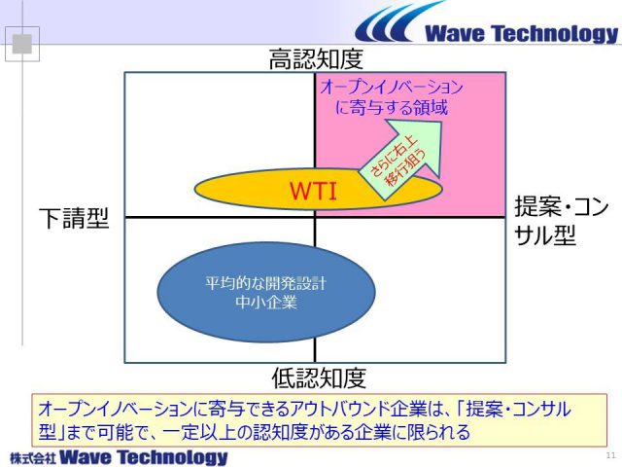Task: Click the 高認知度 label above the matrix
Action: pos(316,59)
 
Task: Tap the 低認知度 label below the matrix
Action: pos(319,377)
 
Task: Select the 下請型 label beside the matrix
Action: pos(74,218)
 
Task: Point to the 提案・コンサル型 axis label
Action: pos(562,221)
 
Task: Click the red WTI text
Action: pos(313,191)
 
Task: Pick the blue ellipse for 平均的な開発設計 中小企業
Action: pos(266,292)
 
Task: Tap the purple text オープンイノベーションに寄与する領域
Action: pos(392,97)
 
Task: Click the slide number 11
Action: pos(610,455)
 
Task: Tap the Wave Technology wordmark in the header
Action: pos(521,33)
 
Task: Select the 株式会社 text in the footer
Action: pos(33,458)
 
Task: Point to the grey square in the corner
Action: pos(21,44)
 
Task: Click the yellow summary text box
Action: pos(319,420)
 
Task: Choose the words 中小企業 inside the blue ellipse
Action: pos(266,303)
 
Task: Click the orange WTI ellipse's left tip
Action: pos(194,189)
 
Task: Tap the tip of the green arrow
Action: pos(441,123)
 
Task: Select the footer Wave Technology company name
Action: pos(144,457)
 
